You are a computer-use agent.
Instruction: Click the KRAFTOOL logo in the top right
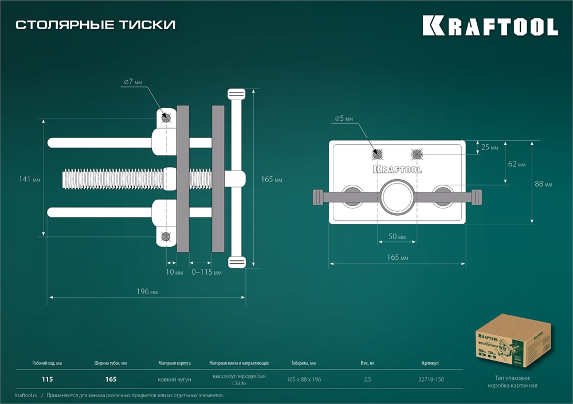(x=490, y=26)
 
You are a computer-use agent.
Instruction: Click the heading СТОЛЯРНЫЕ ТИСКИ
(x=95, y=25)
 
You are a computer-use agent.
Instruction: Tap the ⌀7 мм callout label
(x=132, y=82)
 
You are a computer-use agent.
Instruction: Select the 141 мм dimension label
(x=29, y=180)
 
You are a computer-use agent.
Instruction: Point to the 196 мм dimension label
(x=147, y=291)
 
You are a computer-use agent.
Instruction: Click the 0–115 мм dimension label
(x=206, y=272)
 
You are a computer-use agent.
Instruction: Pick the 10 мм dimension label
(x=174, y=272)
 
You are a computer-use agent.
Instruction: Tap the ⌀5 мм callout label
(x=344, y=119)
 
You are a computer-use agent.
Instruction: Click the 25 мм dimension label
(x=489, y=147)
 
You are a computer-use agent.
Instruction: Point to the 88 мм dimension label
(x=544, y=184)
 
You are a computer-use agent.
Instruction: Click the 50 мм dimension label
(x=397, y=237)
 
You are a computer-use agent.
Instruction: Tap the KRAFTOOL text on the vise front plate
(x=397, y=169)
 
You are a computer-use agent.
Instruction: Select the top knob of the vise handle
(x=236, y=94)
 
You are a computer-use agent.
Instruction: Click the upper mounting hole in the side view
(x=166, y=117)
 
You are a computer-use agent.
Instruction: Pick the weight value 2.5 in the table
(x=368, y=379)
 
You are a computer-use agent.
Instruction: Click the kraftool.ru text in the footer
(x=26, y=395)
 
